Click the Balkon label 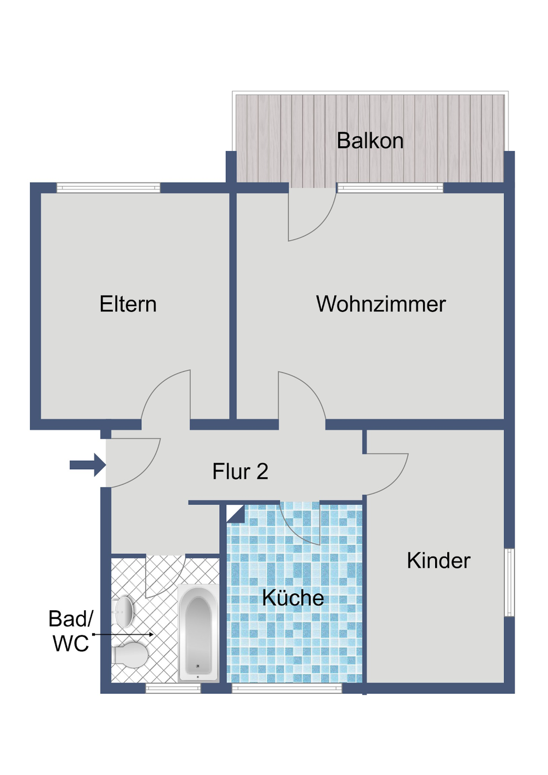coord(370,141)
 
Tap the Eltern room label coord(128,304)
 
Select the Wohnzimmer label coord(381,304)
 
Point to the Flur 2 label coord(240,472)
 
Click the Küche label coord(293,598)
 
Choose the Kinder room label coord(438,560)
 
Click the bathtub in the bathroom coord(198,633)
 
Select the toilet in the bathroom coord(130,654)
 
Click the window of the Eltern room coord(109,188)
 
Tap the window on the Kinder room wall coord(509,582)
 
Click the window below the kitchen coord(287,688)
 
